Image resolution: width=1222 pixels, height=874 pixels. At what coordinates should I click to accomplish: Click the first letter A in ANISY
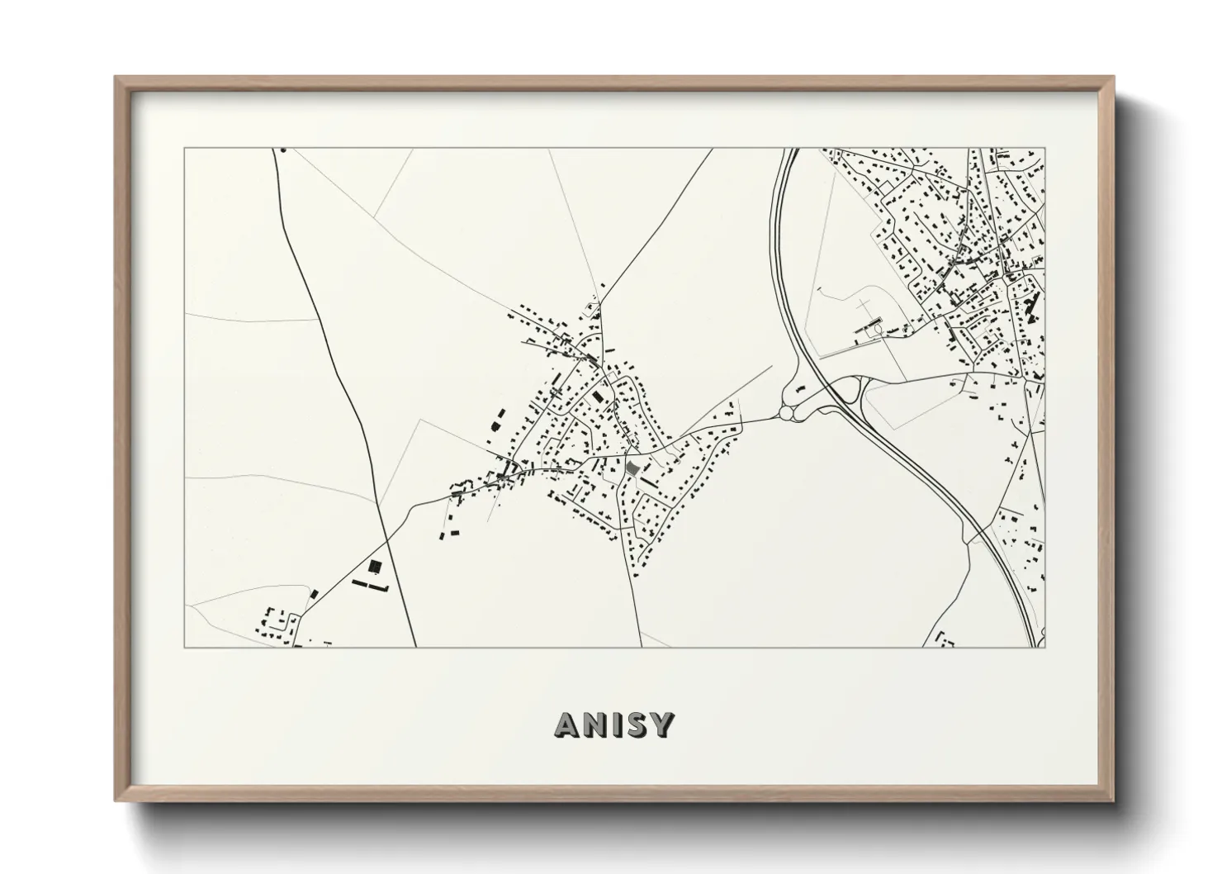coord(569,725)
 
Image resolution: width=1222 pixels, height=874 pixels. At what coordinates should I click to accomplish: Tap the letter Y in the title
coord(662,725)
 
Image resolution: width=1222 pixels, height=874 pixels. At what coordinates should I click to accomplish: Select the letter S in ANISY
coord(636,725)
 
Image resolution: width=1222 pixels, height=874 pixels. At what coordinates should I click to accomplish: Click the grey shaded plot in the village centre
coord(632,468)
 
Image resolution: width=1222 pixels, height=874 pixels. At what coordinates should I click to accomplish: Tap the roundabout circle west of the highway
coord(786,411)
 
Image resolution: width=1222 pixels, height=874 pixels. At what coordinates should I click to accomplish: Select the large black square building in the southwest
coord(376,567)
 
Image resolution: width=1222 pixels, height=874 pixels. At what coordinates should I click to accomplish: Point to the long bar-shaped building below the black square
coord(370,586)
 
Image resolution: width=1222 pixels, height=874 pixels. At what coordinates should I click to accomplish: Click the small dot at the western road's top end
coord(282,150)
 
